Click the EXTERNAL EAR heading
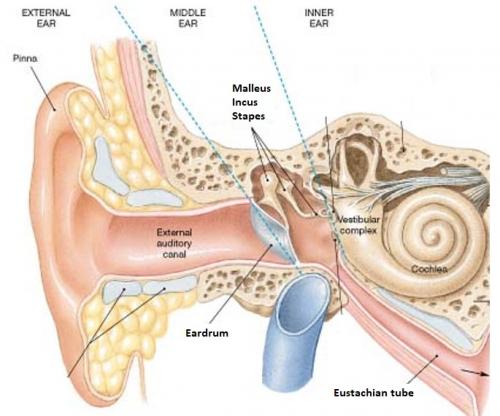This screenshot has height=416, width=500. pos(46,18)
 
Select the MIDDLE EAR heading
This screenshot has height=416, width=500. pos(188,18)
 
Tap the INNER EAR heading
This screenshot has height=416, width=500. pos(319,18)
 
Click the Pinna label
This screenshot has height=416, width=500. pos(25,58)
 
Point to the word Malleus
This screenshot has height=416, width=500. pos(251,88)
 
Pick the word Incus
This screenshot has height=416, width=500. pos(245,102)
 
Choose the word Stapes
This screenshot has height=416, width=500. pos(248,116)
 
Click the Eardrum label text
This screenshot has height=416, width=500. pos(207,333)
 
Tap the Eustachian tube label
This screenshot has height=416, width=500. pos(373,393)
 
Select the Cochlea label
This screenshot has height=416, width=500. pos(429,269)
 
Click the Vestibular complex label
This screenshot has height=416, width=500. pos(358,225)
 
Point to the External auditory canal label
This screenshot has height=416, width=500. pos(174,243)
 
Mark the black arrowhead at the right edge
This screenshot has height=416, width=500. pos(484,374)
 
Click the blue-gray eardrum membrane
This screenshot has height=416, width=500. pos(269,232)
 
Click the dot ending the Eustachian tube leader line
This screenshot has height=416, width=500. pos(437,356)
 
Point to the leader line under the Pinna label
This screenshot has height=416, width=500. pos(43,88)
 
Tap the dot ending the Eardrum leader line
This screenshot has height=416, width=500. pos(271,245)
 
